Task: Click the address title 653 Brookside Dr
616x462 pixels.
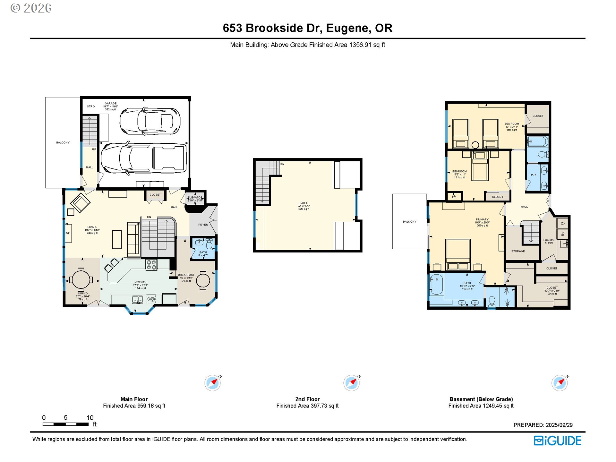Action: pos(307,28)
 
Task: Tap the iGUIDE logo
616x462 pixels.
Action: pos(557,441)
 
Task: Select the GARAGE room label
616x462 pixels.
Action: pos(110,104)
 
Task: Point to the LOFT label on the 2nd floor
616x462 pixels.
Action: pos(304,203)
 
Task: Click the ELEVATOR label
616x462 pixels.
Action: pos(195,198)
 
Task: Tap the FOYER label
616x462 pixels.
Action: pos(203,225)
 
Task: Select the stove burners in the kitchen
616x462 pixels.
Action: pos(151,265)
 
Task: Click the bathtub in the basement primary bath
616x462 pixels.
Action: pos(436,284)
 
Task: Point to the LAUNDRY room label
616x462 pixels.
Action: pos(549,240)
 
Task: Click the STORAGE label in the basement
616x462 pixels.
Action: pos(518,251)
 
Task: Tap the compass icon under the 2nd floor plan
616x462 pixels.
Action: pos(351,383)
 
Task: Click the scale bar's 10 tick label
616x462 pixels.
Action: pos(90,418)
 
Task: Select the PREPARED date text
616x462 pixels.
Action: pos(543,425)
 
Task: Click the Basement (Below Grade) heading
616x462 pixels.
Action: pos(481,399)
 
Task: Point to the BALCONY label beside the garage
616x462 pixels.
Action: pos(63,142)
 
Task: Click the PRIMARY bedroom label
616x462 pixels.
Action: pos(482,219)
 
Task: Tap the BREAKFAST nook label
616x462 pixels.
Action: pos(186,275)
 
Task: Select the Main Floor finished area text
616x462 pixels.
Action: pos(134,406)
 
